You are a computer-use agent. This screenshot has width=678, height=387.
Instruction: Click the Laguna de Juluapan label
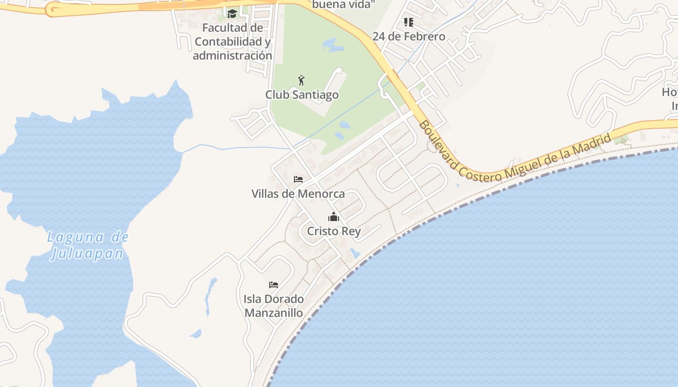tap(88, 245)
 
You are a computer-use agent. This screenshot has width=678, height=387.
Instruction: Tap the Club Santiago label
tap(302, 94)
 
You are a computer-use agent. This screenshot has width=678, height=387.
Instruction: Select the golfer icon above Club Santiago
tap(302, 80)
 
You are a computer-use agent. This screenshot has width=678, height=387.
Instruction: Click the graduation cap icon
tap(232, 14)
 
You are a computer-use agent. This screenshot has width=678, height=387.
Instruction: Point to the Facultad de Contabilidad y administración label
tap(232, 42)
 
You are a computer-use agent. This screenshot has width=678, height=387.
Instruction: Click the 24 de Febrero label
tap(409, 36)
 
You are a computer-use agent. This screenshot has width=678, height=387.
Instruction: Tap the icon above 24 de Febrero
tap(409, 22)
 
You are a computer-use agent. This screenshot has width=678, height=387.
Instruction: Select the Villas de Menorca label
tap(298, 193)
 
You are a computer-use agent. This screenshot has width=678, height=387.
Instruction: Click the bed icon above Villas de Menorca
tap(298, 179)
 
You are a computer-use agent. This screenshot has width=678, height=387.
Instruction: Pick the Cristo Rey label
tap(334, 231)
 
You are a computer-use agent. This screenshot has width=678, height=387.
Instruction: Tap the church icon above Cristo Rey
tap(334, 217)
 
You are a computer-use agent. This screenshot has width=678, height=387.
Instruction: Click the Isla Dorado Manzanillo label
tap(274, 306)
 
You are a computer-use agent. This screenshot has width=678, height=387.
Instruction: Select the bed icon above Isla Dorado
tap(274, 284)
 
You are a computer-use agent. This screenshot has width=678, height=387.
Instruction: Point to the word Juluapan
tap(88, 253)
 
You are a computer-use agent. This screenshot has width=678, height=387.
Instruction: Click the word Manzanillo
tap(274, 313)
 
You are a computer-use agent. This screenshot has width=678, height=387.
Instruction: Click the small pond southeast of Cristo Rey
tap(355, 253)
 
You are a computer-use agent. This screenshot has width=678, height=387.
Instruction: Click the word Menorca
tap(322, 193)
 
